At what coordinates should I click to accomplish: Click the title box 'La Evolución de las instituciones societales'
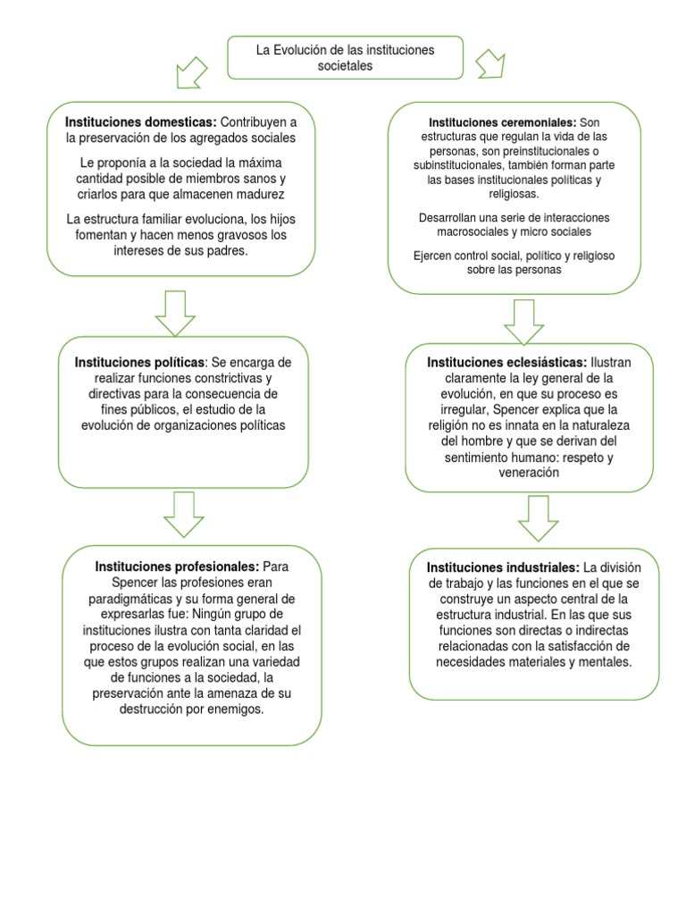click(345, 58)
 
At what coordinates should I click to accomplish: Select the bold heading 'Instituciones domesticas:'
click(140, 121)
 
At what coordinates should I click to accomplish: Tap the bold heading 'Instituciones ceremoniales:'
click(503, 122)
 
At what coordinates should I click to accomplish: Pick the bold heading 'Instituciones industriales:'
click(503, 567)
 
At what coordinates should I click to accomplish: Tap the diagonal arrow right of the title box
click(490, 63)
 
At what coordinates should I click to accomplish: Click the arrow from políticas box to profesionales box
click(185, 515)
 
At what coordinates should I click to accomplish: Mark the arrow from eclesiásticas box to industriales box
click(538, 517)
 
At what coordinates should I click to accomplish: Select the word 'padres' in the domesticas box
click(225, 252)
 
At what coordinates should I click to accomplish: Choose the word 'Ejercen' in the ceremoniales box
click(433, 256)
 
